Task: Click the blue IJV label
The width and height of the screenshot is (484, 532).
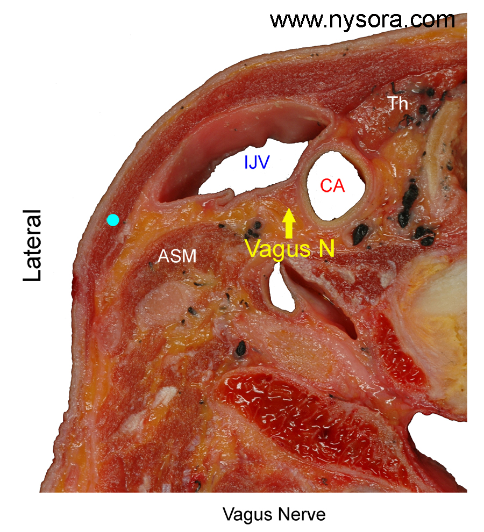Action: pyautogui.click(x=257, y=162)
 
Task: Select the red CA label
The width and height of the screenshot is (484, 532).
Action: pyautogui.click(x=332, y=186)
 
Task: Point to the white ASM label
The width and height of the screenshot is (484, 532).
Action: pyautogui.click(x=177, y=256)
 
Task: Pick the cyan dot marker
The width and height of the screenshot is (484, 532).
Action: pyautogui.click(x=113, y=220)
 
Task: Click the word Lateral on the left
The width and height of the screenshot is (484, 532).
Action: pyautogui.click(x=32, y=245)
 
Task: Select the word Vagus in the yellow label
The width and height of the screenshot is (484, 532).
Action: pyautogui.click(x=278, y=249)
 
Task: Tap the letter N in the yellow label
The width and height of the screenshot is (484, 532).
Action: pyautogui.click(x=327, y=248)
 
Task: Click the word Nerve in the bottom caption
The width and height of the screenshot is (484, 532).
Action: pyautogui.click(x=303, y=514)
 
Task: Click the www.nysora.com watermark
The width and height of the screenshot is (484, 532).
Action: pyautogui.click(x=362, y=20)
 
